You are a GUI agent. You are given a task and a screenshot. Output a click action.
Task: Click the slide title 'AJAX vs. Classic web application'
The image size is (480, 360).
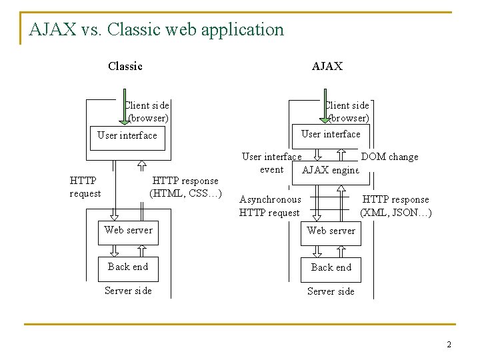pyautogui.click(x=157, y=30)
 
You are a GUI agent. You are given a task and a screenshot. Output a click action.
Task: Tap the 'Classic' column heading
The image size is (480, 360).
pyautogui.click(x=125, y=66)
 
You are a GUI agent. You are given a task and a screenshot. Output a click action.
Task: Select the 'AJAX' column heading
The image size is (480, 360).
pyautogui.click(x=327, y=66)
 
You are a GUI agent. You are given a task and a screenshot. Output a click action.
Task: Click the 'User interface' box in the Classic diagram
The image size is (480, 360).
pyautogui.click(x=127, y=135)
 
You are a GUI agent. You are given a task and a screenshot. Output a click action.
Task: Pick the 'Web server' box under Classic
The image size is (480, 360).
pyautogui.click(x=128, y=231)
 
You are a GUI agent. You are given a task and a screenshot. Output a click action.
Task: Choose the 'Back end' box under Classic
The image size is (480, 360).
pyautogui.click(x=128, y=267)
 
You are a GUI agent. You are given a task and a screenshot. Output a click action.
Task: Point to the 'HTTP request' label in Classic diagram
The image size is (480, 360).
pyautogui.click(x=85, y=187)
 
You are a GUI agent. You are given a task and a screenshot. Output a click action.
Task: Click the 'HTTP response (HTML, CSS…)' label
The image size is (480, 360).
pyautogui.click(x=185, y=187)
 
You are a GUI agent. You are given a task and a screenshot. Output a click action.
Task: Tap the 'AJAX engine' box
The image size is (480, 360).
pyautogui.click(x=331, y=170)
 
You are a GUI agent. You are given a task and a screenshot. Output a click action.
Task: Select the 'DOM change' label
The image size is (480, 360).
pyautogui.click(x=389, y=157)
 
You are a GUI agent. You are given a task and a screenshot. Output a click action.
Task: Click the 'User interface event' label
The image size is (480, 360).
pyautogui.click(x=271, y=163)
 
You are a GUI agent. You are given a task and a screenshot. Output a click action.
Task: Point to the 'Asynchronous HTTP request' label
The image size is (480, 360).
pyautogui.click(x=270, y=206)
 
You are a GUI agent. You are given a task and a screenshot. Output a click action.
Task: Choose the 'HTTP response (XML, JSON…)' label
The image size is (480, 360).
pyautogui.click(x=395, y=206)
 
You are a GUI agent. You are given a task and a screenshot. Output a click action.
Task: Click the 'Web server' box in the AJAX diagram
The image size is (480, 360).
pyautogui.click(x=331, y=231)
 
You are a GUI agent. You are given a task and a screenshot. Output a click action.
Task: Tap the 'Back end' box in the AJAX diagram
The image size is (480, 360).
pyautogui.click(x=331, y=267)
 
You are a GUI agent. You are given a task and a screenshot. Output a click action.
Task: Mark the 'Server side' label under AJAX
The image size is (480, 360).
pyautogui.click(x=331, y=291)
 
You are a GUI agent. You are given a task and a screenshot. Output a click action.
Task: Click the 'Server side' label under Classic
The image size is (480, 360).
pyautogui.click(x=128, y=291)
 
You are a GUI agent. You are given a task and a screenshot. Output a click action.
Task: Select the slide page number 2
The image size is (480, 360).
pyautogui.click(x=449, y=345)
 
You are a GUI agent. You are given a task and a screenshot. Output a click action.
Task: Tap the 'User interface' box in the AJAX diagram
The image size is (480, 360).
pyautogui.click(x=331, y=134)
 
